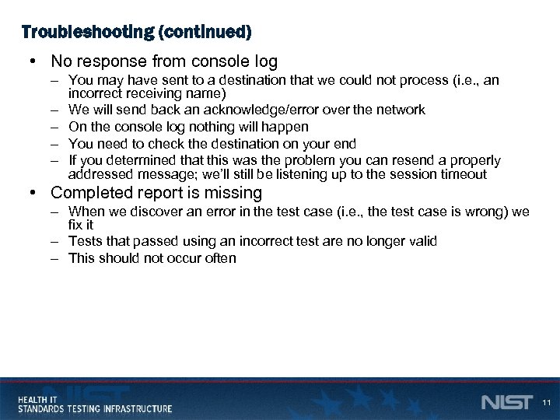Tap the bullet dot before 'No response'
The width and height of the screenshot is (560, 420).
(31, 61)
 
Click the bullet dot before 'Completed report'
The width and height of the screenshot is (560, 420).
(31, 192)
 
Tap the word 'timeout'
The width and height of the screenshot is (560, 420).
(461, 174)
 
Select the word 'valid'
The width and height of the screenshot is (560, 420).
(422, 241)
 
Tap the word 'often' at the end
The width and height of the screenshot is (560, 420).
(221, 257)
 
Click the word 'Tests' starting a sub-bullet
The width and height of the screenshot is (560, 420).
(85, 241)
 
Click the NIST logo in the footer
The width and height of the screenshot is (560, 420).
(506, 402)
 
